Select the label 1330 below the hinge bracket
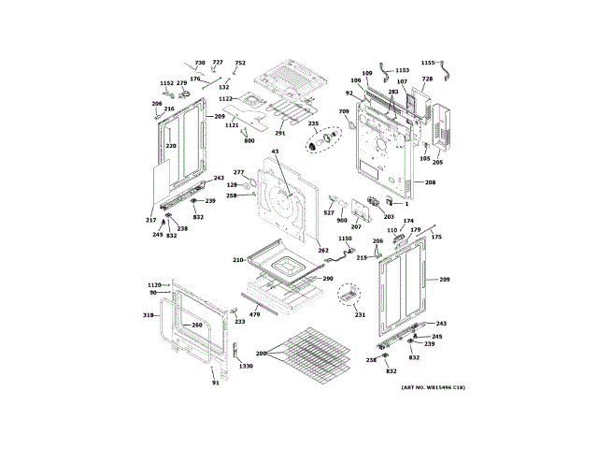point(246,366)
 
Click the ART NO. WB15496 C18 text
point(433,387)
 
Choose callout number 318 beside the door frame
point(148,315)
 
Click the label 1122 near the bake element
point(225,98)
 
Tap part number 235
point(313,123)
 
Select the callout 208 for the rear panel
point(430,181)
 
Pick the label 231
point(360,315)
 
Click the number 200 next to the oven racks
point(261,355)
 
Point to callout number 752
point(240,63)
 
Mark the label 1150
point(345,239)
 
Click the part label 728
point(427,80)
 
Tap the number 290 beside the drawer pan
point(328,278)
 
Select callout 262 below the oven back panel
point(323,250)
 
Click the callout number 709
point(343,112)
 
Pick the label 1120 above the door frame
point(154,284)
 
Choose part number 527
point(329,212)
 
